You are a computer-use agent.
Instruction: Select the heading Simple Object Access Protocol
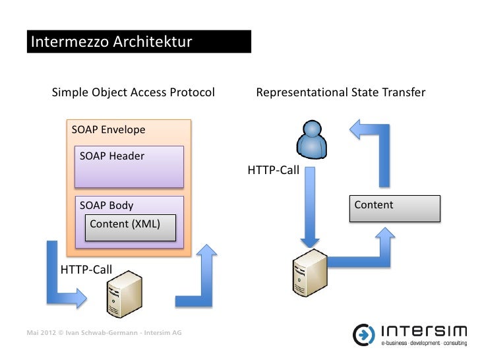point(133,92)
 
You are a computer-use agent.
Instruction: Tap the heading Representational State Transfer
point(340,92)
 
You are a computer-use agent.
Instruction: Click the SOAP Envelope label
point(108,130)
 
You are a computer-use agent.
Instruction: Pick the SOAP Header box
point(128,167)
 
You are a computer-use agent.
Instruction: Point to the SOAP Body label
point(106,206)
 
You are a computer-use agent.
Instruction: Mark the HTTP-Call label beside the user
point(273,171)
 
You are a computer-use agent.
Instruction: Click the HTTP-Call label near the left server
point(86,269)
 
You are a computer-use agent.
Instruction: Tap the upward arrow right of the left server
point(202,277)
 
